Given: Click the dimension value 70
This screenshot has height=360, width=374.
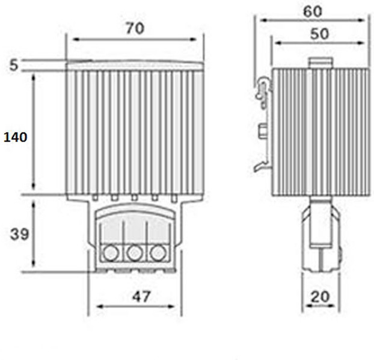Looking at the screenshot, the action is coord(135,28).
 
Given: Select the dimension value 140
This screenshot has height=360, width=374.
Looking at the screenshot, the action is coord(15,137).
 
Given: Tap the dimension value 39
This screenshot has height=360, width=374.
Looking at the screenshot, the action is coord(19,234).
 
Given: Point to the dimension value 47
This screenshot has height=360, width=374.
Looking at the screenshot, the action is coord(141,296).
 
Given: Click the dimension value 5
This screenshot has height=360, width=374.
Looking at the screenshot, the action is coord(14,65).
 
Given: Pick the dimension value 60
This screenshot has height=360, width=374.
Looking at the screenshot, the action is coord(313,11).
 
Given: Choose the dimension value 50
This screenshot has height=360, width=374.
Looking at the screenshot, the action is coord(319,34).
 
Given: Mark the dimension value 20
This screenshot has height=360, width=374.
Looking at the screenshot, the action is coord(320,297).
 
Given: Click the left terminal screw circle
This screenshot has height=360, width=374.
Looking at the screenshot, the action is coord(111,253).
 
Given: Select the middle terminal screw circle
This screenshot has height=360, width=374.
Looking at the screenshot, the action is coord(135,253).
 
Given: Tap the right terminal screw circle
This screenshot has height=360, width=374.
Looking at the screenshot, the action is coord(158,253).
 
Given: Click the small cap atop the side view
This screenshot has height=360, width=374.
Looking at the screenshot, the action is coord(320,63).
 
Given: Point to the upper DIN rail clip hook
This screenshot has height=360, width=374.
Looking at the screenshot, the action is coord(264,91).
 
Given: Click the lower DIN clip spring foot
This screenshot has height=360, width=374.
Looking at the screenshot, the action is coord(262,166).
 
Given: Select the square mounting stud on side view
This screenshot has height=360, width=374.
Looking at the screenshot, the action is coord(263,131).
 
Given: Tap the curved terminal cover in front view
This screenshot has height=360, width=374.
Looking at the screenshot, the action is coord(135,211).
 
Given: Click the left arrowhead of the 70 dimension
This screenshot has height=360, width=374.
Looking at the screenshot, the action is coord(76,39).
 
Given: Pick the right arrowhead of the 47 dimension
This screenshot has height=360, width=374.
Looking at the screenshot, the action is coord(171,306).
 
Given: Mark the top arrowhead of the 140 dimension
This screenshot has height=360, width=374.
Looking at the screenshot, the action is coord(34,78).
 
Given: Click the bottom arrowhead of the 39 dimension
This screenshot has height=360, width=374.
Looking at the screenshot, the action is coord(34,262).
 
